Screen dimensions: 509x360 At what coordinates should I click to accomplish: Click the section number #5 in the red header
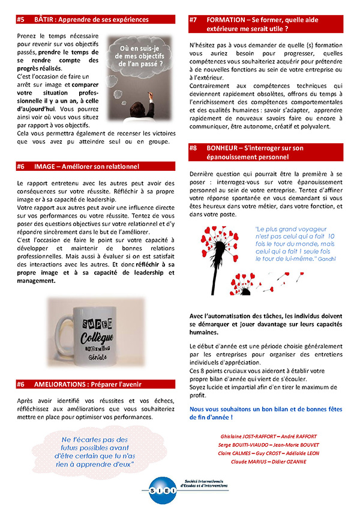pos(20,20)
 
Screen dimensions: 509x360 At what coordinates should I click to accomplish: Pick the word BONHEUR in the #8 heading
pos(226,147)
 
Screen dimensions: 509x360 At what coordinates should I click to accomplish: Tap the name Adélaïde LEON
pos(304,453)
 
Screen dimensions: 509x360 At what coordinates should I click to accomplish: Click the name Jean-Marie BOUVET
pos(299,444)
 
